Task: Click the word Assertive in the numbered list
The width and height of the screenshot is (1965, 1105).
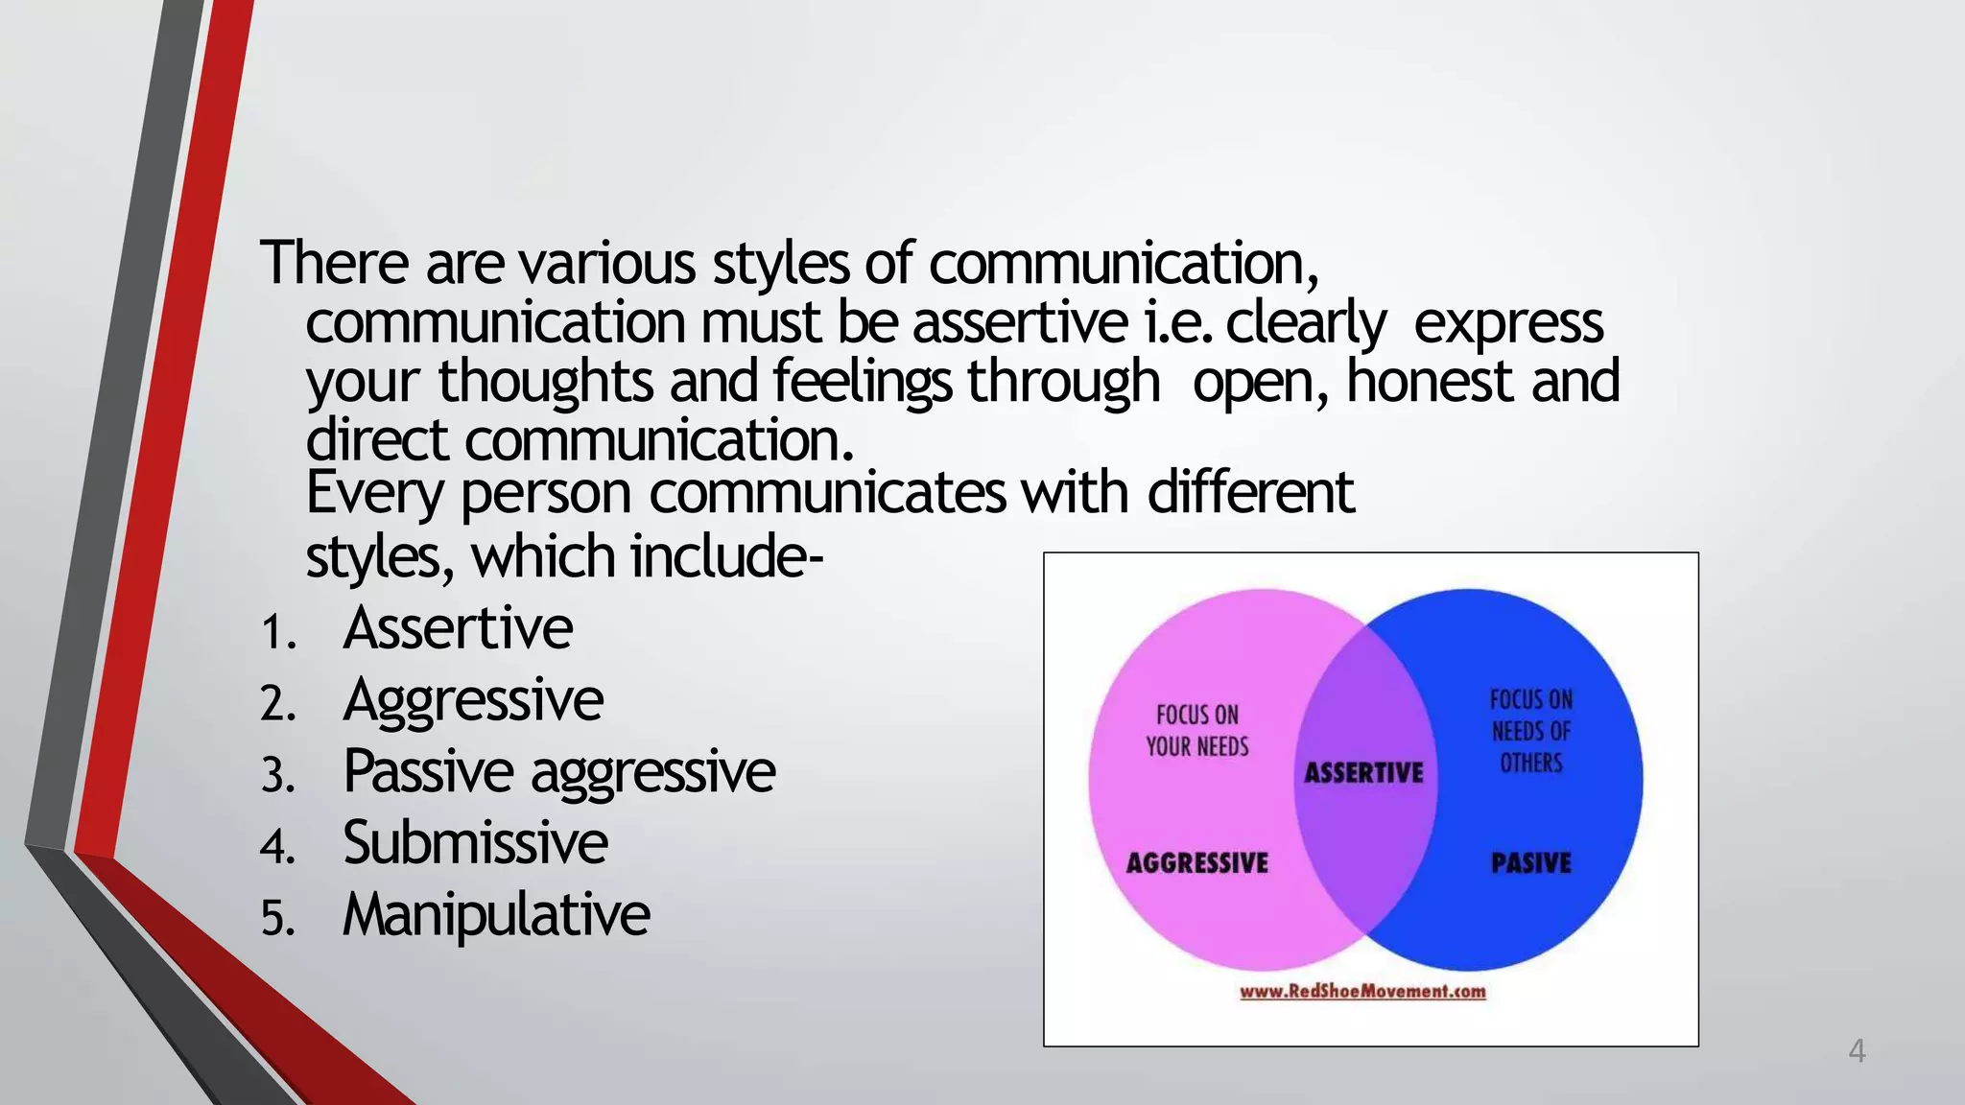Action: (458, 629)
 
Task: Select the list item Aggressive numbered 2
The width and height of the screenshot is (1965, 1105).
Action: (473, 701)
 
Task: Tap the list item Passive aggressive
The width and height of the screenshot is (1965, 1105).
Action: (558, 772)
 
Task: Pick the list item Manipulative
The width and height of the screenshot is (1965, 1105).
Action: (496, 915)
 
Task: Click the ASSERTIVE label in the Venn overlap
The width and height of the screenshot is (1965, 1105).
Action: (1363, 773)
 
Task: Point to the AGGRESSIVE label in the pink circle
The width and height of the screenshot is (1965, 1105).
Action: (1196, 863)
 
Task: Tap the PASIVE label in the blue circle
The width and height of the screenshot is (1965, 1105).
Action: (1531, 863)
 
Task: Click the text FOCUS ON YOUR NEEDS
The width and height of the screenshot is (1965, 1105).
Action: (1197, 731)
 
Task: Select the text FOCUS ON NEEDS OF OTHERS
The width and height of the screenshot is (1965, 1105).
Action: (1531, 731)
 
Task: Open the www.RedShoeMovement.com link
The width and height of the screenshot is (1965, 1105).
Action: (1362, 992)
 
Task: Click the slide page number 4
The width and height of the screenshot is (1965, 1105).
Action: (1857, 1051)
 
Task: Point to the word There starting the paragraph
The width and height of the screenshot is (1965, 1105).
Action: (335, 263)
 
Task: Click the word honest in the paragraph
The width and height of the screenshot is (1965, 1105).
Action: (1431, 382)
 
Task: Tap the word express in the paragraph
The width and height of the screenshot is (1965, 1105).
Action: (1508, 323)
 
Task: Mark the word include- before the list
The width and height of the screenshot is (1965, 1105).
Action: (726, 557)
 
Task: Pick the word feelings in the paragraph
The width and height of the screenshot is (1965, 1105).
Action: (862, 382)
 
